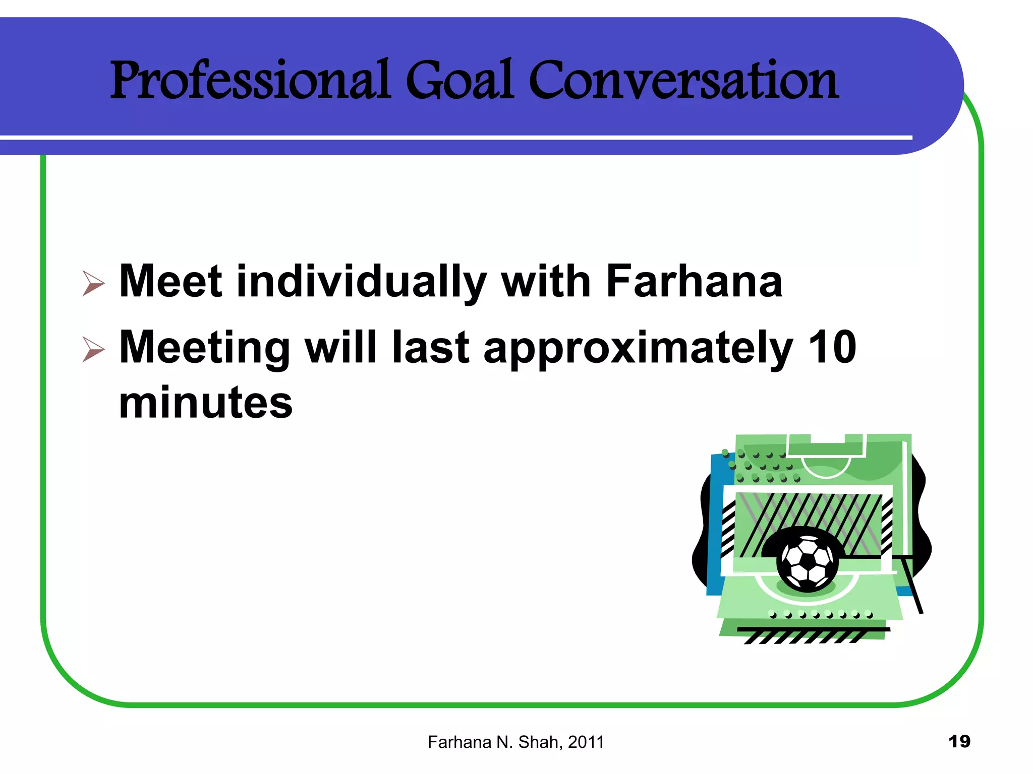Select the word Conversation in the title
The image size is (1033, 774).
tap(683, 81)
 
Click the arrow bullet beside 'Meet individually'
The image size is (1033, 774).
tap(93, 283)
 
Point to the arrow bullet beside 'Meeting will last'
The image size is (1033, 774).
tap(93, 349)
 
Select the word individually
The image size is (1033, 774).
tap(361, 282)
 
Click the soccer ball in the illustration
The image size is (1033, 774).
tap(808, 561)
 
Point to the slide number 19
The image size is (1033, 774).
tap(959, 742)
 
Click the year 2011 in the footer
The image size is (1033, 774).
tap(586, 742)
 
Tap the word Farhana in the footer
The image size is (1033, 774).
tap(460, 742)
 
